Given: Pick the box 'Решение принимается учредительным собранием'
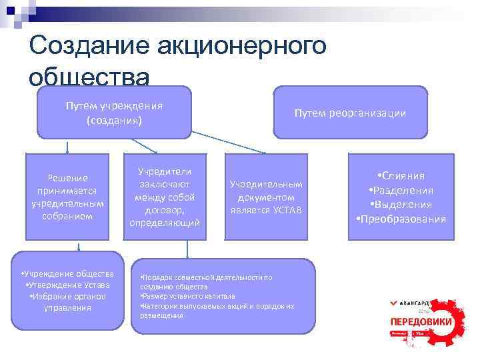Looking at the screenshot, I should pos(67,197).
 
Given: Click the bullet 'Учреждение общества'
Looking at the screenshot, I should pos(67,274).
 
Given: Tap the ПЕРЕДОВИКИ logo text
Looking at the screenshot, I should pos(421,322).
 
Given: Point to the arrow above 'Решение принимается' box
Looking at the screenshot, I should pos(67,146).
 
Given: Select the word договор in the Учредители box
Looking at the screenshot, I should pos(164,210).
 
